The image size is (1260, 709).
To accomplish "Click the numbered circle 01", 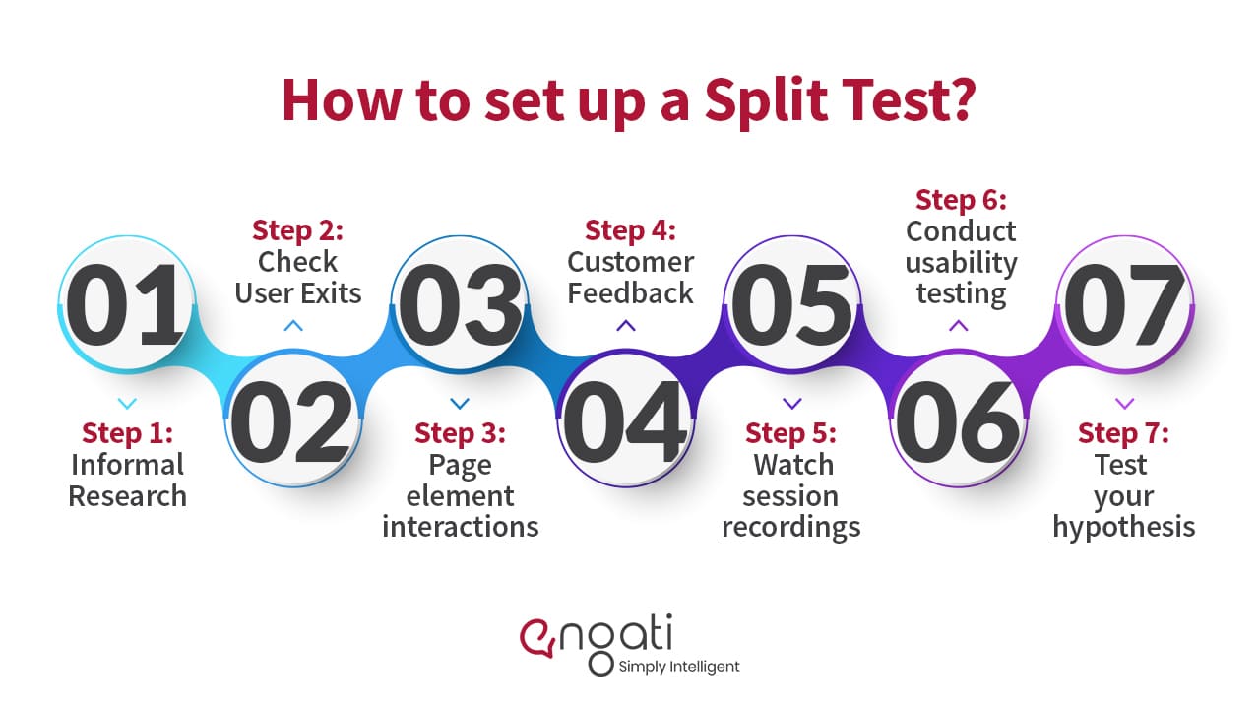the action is [127, 304].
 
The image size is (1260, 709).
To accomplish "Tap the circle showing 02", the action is [293, 419].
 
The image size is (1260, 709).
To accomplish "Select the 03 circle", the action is [460, 304].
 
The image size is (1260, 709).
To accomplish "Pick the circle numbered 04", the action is [625, 419].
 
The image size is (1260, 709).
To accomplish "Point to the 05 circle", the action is [792, 304].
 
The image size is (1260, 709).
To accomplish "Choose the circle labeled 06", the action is [958, 419].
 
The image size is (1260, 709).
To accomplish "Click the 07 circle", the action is [1124, 304].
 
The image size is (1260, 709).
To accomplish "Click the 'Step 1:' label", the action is [127, 434].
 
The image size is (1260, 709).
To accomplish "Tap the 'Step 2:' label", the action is [297, 230].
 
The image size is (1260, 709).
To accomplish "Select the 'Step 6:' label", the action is [961, 200].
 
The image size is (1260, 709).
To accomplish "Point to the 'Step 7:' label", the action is [1123, 434].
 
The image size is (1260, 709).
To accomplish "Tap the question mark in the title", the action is [961, 99].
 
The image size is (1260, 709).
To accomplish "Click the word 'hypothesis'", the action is [1124, 528].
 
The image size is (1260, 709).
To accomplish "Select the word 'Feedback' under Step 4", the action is [630, 293].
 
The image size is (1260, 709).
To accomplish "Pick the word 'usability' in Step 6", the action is [961, 264].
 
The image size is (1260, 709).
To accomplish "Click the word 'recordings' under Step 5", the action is [790, 528].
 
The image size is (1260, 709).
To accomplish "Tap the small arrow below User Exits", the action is [293, 325].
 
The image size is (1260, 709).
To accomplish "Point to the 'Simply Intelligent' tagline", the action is [679, 667].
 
